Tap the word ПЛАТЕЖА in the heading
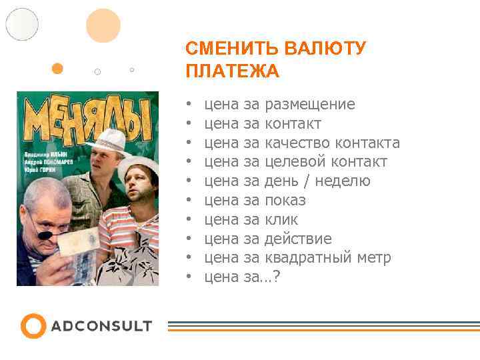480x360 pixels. [x=232, y=71]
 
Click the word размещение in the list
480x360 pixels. [x=310, y=105]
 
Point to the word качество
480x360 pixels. [x=297, y=143]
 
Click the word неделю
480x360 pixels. [x=343, y=181]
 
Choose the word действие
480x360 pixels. [x=298, y=239]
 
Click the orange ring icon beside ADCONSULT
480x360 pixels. [x=33, y=326]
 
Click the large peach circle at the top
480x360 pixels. [x=103, y=25]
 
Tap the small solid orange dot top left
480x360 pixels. [x=57, y=68]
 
